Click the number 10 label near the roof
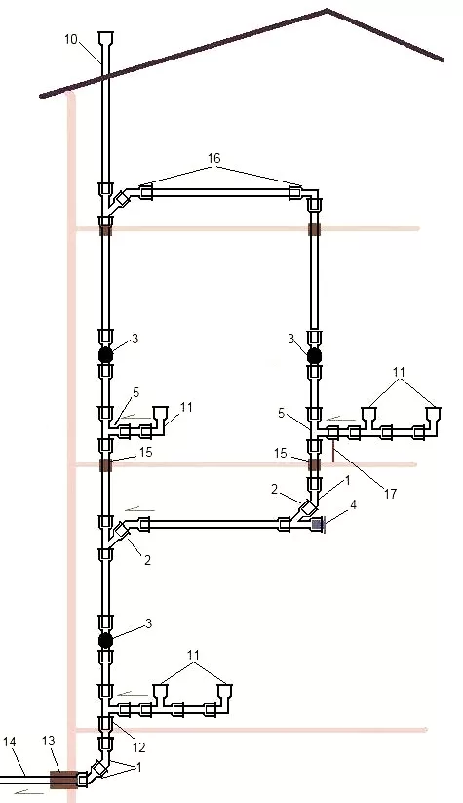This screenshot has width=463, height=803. tap(71, 39)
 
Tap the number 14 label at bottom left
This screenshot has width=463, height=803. tap(10, 741)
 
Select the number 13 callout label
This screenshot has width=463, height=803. tap(48, 741)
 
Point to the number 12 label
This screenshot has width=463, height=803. tap(139, 747)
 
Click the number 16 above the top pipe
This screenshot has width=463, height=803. tap(213, 158)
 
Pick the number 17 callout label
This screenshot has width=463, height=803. tap(390, 494)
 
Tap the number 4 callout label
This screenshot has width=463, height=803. tap(353, 505)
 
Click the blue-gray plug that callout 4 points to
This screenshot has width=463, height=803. tap(318, 524)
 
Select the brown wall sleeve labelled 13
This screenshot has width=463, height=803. tap(63, 780)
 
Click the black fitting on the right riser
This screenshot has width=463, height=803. tap(314, 355)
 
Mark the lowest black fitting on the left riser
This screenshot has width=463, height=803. tap(105, 640)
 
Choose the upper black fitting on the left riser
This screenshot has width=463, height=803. tap(105, 355)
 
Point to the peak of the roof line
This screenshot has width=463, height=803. tap(327, 10)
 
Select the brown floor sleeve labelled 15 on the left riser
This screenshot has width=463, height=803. tap(105, 465)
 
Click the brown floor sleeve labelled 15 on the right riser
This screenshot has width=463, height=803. tap(314, 465)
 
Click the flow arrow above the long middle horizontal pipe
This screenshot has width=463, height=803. tap(139, 509)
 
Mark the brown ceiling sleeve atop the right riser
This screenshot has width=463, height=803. tap(314, 229)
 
